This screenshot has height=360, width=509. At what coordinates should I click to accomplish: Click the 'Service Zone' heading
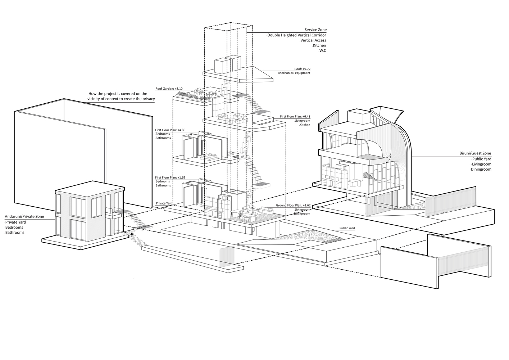(315, 30)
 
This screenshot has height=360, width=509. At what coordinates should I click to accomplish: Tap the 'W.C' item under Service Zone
(322, 50)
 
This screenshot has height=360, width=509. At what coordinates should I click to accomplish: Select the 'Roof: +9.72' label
(302, 69)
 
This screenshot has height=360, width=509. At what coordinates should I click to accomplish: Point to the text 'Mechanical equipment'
(294, 73)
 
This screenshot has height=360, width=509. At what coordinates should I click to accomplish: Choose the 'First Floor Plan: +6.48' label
(295, 116)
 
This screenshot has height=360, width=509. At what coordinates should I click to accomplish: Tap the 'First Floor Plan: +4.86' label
(170, 130)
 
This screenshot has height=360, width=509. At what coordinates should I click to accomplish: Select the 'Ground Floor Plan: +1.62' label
(293, 205)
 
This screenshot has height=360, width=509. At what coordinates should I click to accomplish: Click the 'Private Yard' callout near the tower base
(164, 203)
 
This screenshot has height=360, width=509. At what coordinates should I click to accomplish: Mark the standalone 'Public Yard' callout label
(347, 228)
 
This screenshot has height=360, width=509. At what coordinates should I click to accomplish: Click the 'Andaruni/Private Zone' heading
(24, 216)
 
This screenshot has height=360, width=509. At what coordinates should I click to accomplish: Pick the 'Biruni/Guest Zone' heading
(475, 153)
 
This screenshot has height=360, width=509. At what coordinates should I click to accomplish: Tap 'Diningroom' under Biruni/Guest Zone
(480, 169)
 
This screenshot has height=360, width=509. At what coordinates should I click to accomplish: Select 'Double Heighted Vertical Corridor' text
(296, 35)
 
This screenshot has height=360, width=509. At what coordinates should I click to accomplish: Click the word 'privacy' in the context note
(149, 99)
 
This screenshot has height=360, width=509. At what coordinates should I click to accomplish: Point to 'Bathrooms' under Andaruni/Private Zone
(14, 233)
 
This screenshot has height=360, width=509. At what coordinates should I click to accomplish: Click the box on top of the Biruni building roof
(359, 117)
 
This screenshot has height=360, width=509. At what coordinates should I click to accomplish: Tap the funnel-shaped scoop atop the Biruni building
(386, 115)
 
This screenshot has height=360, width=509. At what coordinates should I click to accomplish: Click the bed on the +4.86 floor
(209, 157)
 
